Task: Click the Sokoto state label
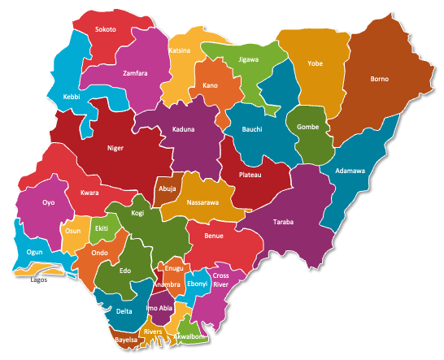click(x=106, y=30)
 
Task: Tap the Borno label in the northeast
click(x=379, y=80)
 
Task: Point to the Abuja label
click(x=168, y=188)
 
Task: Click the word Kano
click(x=211, y=85)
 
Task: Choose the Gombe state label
click(x=308, y=128)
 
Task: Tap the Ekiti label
click(x=102, y=229)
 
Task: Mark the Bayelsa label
click(x=126, y=339)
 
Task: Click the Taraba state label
click(x=283, y=222)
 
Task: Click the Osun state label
click(x=73, y=231)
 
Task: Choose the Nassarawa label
click(x=202, y=202)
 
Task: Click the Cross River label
click(x=221, y=280)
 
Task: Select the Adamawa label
click(x=350, y=171)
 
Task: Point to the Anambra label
click(x=167, y=284)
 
